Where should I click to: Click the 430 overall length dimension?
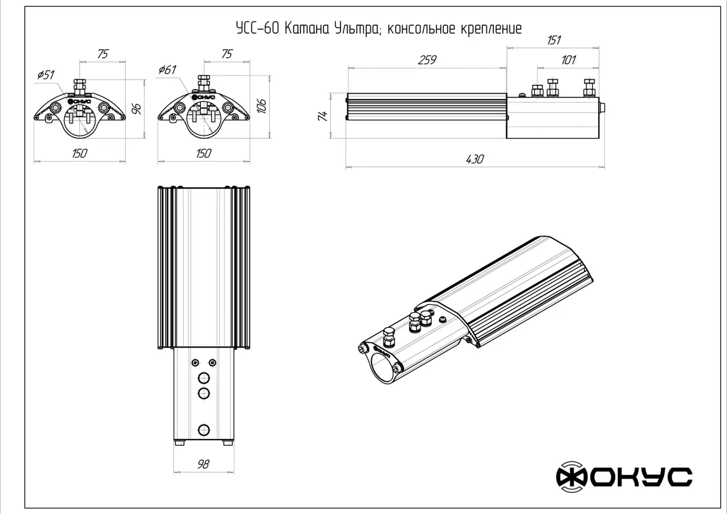click(475, 159)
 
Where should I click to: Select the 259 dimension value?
click(427, 60)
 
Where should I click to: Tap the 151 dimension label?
click(554, 40)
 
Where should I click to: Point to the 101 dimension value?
click(568, 60)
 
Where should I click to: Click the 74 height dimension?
click(323, 116)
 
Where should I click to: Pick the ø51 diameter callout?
click(46, 75)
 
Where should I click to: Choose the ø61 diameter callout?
click(167, 70)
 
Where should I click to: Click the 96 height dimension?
click(137, 109)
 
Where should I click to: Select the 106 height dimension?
click(262, 106)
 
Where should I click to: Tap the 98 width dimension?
click(203, 464)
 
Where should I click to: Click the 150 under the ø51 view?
click(79, 153)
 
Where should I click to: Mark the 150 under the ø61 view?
click(203, 153)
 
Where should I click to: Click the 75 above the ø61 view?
click(227, 54)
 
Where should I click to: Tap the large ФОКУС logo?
click(624, 477)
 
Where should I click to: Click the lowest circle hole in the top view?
click(204, 430)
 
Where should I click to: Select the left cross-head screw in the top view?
click(195, 363)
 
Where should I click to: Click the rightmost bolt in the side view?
click(589, 87)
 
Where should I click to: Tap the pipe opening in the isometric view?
click(383, 367)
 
